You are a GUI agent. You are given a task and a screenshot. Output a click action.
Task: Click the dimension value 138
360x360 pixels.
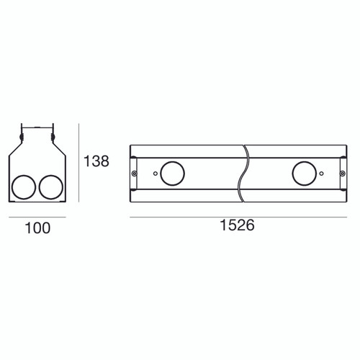(x=96, y=161)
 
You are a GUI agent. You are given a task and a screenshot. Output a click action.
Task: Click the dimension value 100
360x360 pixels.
(x=37, y=228)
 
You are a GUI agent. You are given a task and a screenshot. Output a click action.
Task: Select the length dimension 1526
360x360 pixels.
(x=237, y=225)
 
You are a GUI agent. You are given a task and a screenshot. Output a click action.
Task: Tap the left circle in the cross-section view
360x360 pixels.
(x=24, y=187)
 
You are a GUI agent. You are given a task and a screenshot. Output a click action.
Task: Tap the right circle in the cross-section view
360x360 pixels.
(x=51, y=187)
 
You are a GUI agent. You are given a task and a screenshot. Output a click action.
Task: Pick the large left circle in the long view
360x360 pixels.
(x=172, y=174)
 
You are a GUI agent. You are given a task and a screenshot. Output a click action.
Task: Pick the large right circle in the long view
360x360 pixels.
(x=305, y=174)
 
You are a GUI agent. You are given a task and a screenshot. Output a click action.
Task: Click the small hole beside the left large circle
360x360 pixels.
(x=156, y=174)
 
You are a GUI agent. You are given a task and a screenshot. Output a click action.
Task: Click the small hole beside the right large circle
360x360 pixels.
(x=322, y=174)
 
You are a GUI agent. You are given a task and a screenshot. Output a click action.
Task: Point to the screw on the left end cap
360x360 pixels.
(x=135, y=174)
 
